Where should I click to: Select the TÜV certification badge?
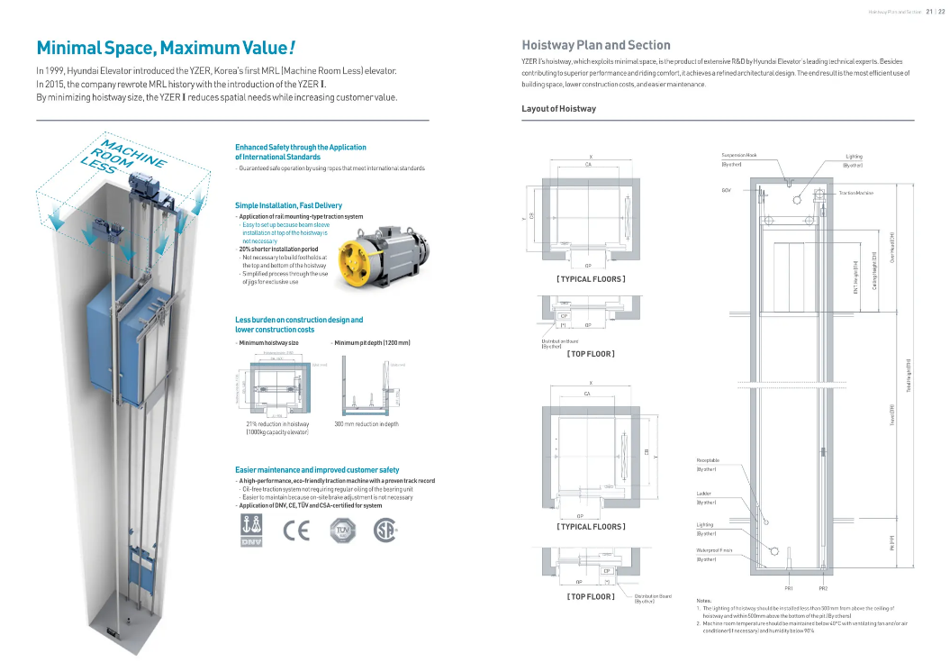341,530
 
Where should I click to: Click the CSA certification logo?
385,530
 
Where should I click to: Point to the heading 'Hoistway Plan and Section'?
596,45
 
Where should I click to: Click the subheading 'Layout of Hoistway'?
558,109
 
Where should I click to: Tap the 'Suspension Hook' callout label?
739,155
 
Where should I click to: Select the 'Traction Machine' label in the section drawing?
855,193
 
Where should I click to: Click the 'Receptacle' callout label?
708,460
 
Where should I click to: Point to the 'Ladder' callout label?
704,493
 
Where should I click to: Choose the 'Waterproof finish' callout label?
714,549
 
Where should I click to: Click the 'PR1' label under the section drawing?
788,588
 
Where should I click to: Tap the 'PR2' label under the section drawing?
822,588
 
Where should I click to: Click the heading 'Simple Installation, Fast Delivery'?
288,205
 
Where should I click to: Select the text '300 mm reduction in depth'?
366,423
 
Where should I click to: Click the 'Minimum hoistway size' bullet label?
268,343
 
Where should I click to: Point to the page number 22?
941,12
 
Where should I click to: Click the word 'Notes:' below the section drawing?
704,600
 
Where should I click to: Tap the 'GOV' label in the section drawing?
726,190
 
